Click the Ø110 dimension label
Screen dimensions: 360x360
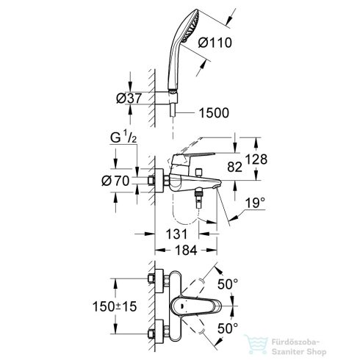click(215, 43)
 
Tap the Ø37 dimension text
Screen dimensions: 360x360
click(129, 98)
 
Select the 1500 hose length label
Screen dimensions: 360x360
click(214, 113)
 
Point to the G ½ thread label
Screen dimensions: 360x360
click(123, 138)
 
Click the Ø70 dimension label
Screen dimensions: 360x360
click(115, 181)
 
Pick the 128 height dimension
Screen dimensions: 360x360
click(256, 159)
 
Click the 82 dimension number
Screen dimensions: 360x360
click(234, 167)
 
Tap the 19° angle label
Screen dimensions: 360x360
click(256, 203)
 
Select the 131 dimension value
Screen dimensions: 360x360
click(176, 234)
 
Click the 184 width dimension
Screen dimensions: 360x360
click(186, 251)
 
